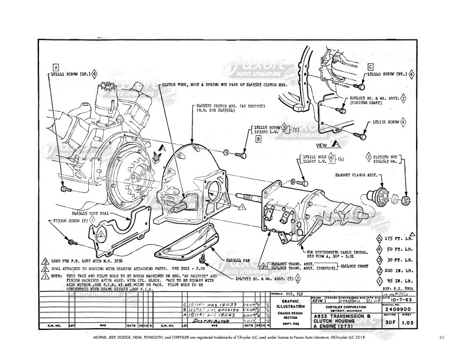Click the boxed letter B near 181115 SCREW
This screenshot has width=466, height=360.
coord(258,139)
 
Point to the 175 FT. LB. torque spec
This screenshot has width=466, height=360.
coord(398,240)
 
